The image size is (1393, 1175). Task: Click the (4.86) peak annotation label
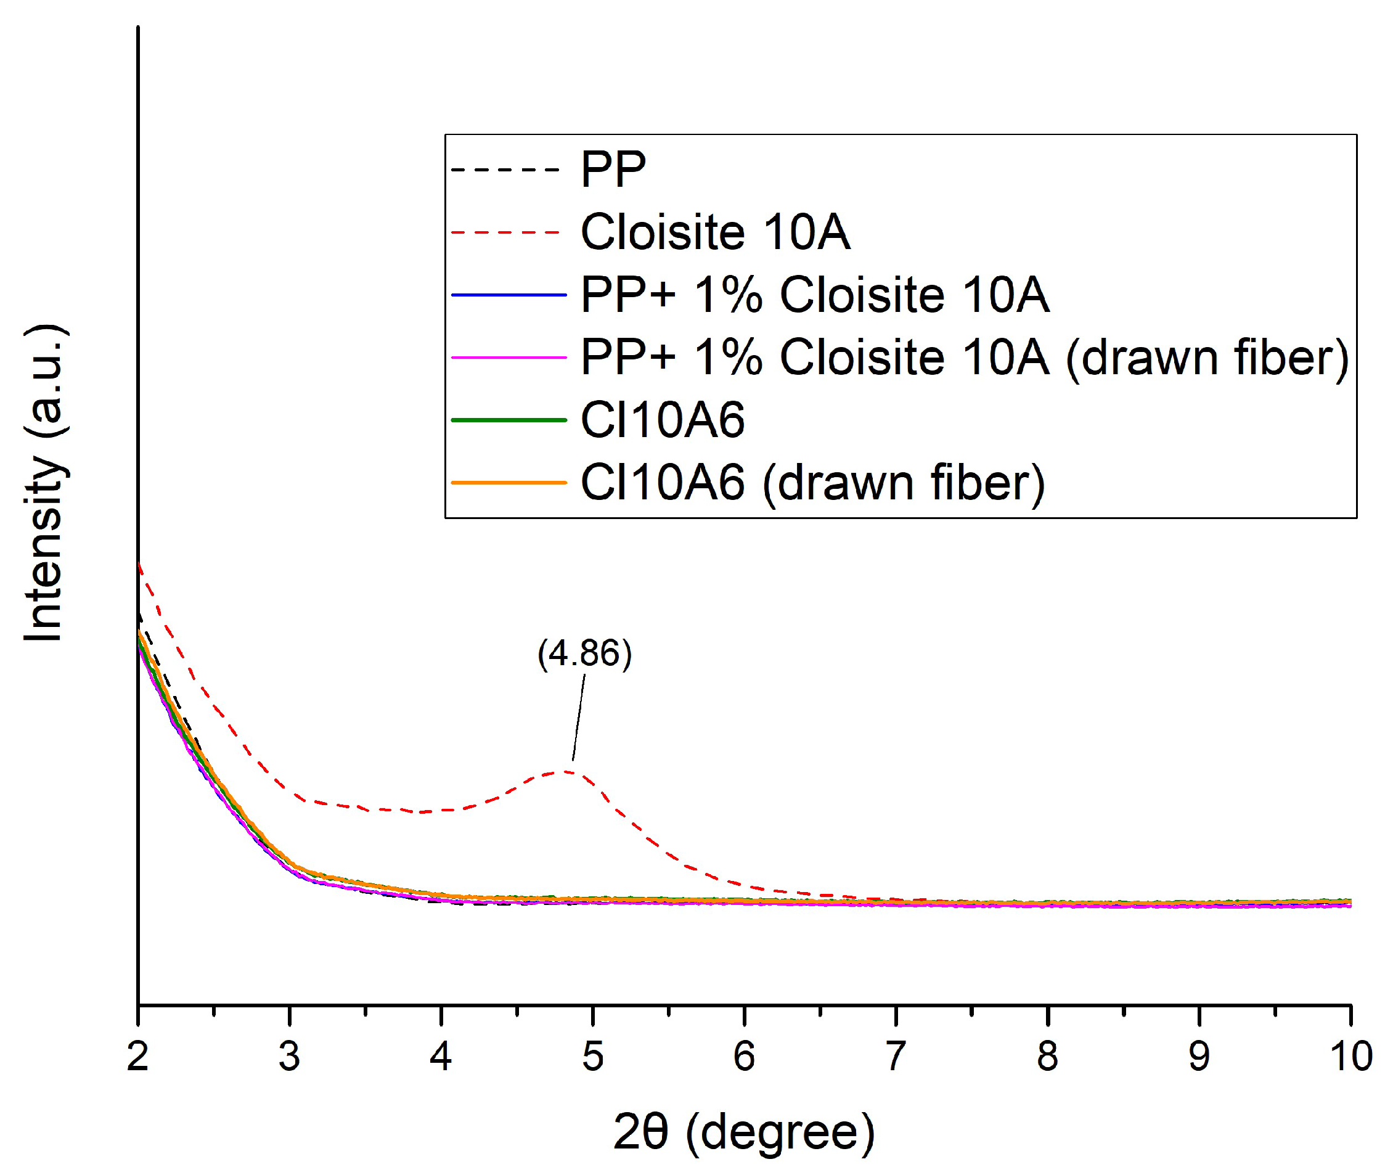tap(584, 653)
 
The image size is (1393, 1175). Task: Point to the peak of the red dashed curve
tap(565, 771)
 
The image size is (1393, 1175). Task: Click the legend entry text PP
tap(613, 169)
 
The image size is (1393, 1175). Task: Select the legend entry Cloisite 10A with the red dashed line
tap(715, 232)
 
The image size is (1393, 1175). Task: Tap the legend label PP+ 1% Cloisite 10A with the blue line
tap(814, 295)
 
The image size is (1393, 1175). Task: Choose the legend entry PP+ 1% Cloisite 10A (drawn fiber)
tap(964, 358)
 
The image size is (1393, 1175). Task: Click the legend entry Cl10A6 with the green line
tap(662, 420)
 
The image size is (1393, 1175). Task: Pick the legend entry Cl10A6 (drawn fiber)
tap(812, 483)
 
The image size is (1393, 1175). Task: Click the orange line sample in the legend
tap(509, 483)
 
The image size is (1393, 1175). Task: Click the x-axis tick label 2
tap(138, 1057)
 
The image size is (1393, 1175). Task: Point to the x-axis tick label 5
tap(592, 1057)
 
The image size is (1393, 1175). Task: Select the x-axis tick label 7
tap(896, 1057)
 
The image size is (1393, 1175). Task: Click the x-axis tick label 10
tap(1351, 1057)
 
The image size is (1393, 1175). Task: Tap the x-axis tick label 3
tap(289, 1057)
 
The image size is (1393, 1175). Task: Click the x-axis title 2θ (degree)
tap(744, 1132)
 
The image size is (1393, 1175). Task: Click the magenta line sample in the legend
tap(509, 358)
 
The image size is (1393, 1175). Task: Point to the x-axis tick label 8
tap(1047, 1057)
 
